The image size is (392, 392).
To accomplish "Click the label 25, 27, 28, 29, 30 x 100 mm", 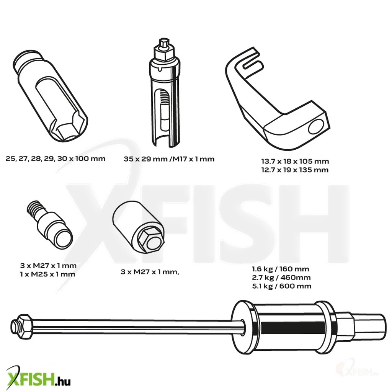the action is [55, 159].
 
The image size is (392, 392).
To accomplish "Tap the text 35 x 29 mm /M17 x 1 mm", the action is [169, 159].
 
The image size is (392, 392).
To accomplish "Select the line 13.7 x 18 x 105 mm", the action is [295, 161].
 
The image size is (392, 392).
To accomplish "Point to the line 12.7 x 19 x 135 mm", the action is [295, 170].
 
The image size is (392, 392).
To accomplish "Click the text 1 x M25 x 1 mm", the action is [47, 274].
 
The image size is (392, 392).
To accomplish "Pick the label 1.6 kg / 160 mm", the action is [281, 269].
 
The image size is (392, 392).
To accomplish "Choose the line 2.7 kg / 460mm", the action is [281, 278].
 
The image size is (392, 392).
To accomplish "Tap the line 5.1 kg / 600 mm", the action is [282, 286].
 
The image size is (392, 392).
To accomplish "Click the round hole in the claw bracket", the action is [316, 127].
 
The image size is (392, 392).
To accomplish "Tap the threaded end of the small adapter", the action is [36, 208].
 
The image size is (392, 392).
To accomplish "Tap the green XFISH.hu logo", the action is [38, 378].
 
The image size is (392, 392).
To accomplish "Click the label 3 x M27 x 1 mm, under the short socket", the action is [150, 272].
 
